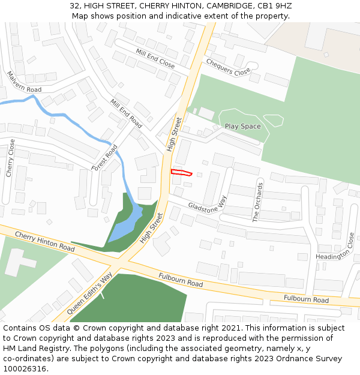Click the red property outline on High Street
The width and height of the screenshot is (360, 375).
(181, 173)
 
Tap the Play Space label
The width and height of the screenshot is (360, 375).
(242, 127)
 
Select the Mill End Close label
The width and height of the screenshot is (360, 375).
(155, 58)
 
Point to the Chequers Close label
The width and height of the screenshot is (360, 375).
(228, 67)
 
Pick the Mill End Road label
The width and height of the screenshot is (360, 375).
(126, 113)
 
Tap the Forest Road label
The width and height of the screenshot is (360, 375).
(105, 158)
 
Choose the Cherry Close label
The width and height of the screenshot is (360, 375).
(10, 158)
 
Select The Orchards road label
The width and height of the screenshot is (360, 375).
(258, 202)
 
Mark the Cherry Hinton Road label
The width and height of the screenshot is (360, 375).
(44, 241)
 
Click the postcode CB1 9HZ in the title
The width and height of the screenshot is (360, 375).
(274, 6)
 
